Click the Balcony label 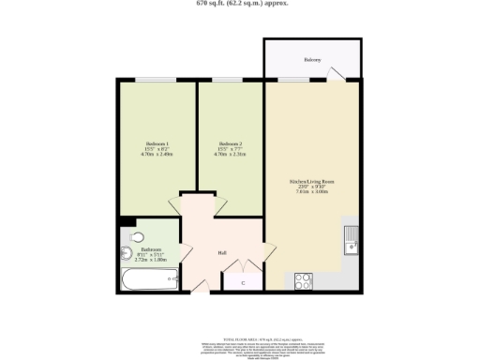point(312,59)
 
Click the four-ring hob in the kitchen point(305,279)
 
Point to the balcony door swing point(343,73)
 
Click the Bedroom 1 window point(157,81)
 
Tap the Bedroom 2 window point(228,81)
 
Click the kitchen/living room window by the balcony point(292,81)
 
